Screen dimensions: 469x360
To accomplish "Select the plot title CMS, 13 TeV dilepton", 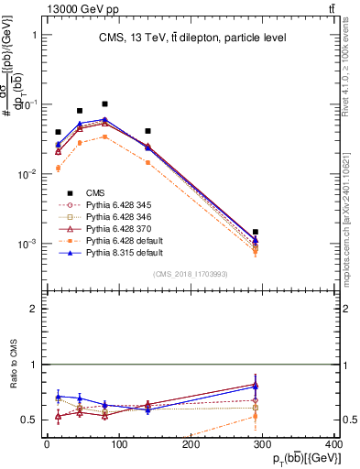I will tap(193, 38).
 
